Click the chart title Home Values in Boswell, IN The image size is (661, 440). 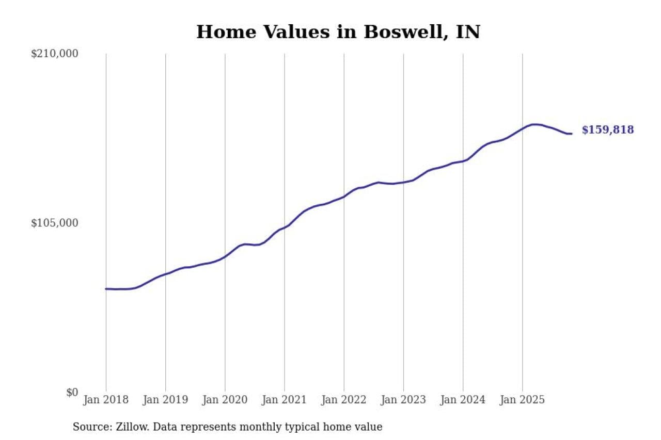[338, 32]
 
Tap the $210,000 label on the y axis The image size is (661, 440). [55, 54]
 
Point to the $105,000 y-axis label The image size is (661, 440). [55, 223]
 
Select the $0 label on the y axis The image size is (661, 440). [72, 392]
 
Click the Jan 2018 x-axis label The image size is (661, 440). [106, 400]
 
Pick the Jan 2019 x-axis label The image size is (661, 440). [165, 400]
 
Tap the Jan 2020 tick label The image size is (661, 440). [225, 400]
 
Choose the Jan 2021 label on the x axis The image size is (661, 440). [285, 400]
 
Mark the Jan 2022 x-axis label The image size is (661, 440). [344, 400]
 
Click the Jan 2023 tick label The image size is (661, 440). [403, 400]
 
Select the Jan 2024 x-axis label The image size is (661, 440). [463, 400]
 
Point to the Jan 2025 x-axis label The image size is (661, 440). [523, 400]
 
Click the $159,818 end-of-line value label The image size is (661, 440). [608, 130]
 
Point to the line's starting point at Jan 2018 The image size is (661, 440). [106, 289]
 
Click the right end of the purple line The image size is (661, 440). [571, 134]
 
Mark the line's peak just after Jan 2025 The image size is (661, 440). [534, 124]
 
